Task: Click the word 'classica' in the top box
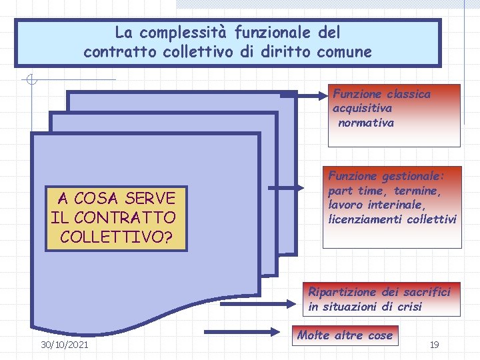click(408, 94)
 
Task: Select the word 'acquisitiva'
click(362, 108)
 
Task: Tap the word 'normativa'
click(366, 123)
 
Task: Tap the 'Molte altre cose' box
click(345, 335)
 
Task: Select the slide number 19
click(434, 345)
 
